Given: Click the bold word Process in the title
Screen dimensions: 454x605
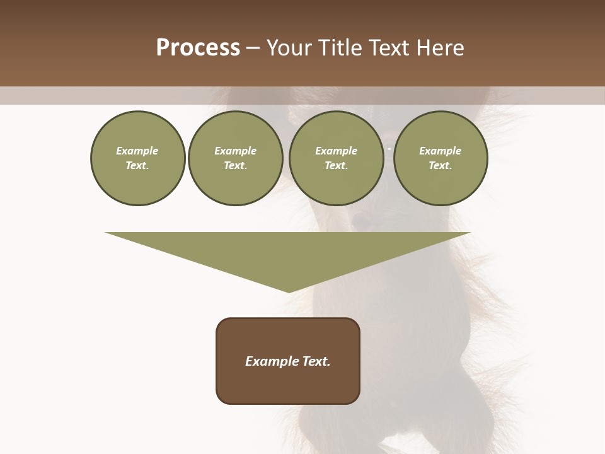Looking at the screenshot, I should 198,48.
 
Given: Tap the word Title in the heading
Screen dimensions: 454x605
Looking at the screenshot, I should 340,48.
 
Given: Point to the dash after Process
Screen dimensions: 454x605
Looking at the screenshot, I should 253,49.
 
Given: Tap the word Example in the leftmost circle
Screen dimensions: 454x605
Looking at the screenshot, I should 137,151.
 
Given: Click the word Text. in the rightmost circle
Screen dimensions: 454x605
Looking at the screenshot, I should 440,165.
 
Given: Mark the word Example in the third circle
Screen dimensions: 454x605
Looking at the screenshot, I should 336,151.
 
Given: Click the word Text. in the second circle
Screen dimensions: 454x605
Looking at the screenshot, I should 235,165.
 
